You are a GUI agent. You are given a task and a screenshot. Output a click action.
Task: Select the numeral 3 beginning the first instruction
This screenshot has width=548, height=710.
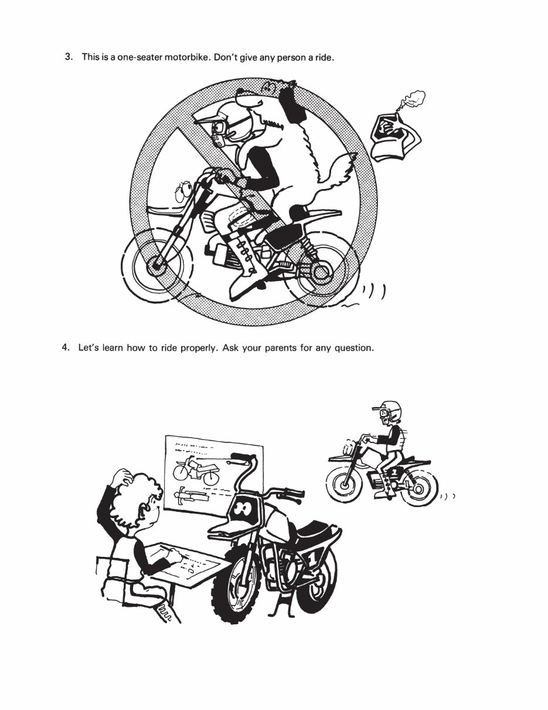[69, 57]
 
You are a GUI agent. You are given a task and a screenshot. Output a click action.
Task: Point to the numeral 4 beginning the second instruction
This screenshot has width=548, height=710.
[66, 347]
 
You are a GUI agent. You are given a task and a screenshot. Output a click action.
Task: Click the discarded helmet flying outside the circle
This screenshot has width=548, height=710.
[396, 137]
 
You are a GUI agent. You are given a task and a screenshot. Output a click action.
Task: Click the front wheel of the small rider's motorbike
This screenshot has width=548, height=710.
[343, 484]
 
